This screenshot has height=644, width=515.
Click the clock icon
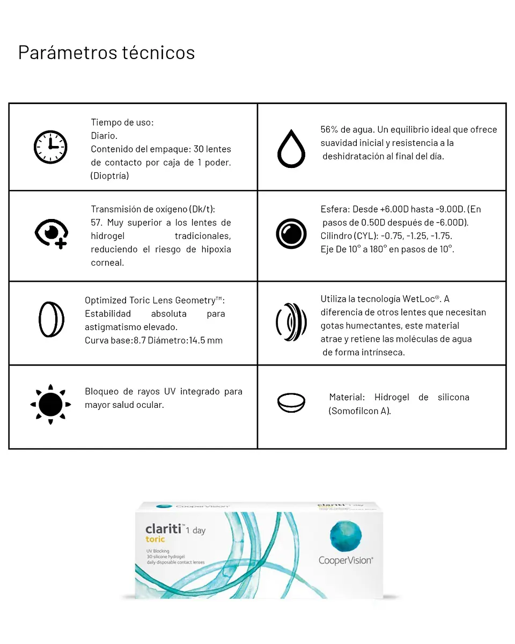[x=50, y=147]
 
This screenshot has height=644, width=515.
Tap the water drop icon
[x=291, y=148]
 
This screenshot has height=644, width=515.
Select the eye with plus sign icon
[x=51, y=234]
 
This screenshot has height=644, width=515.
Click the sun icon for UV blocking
[x=50, y=404]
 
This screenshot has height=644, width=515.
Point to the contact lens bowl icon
[x=291, y=402]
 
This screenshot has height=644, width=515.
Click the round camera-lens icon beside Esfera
[x=291, y=234]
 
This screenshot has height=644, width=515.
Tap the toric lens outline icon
[x=51, y=320]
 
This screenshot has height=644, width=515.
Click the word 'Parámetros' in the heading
[x=68, y=53]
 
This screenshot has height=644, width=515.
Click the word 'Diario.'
[x=104, y=136]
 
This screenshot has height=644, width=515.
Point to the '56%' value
[x=329, y=129]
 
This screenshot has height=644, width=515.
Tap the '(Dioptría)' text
[x=109, y=176]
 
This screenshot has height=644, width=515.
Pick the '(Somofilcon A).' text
[x=359, y=411]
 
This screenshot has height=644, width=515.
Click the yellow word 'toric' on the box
[x=155, y=539]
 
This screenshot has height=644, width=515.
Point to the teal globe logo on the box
[x=345, y=537]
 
